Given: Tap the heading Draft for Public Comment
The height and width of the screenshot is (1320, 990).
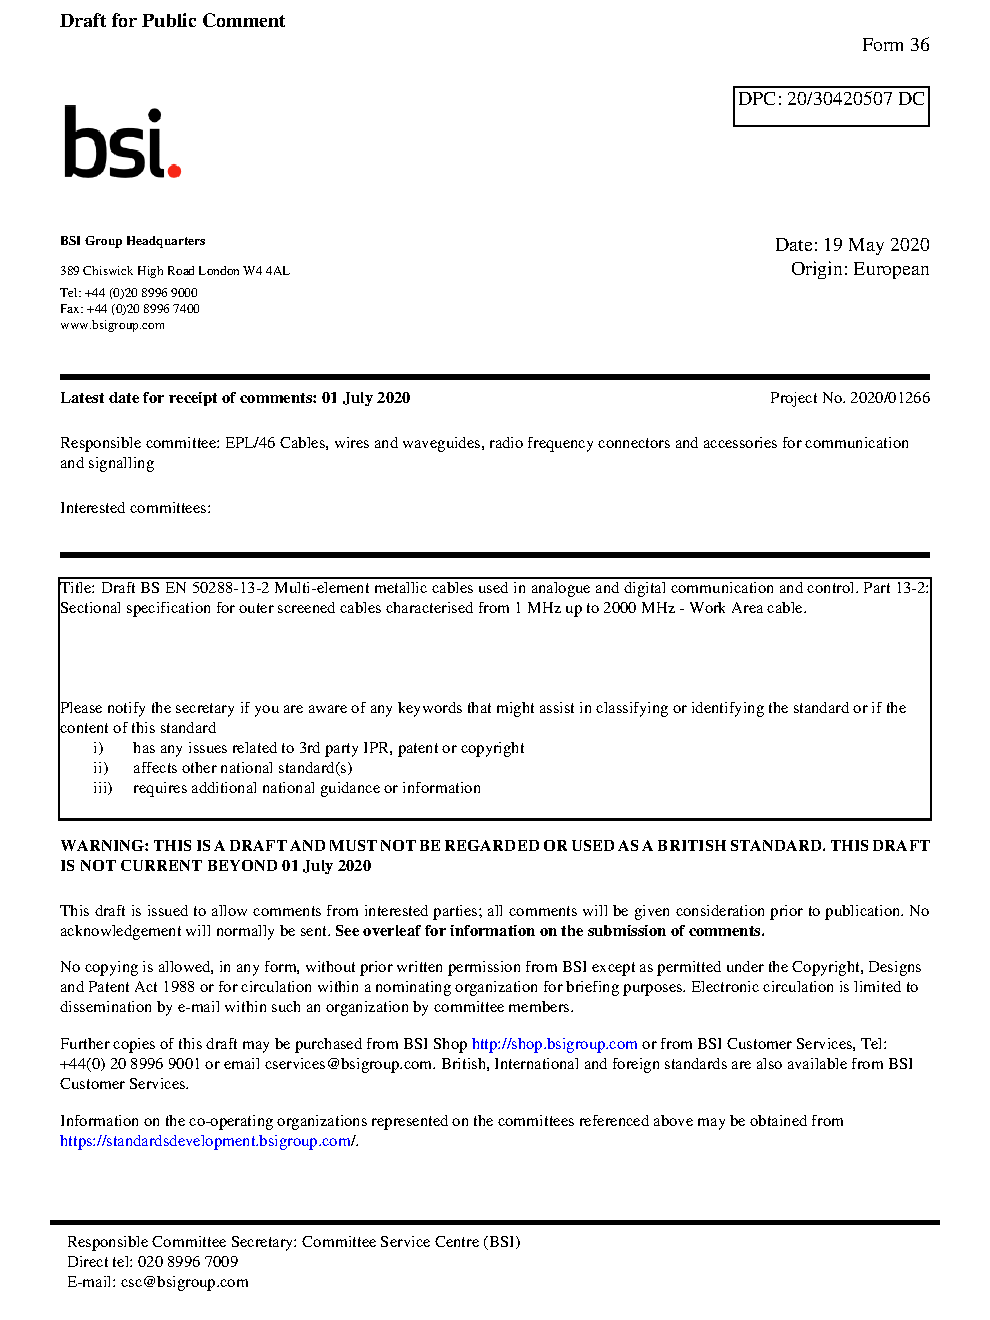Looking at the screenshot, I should [x=172, y=21].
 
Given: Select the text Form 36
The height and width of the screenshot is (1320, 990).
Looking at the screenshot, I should [x=895, y=45].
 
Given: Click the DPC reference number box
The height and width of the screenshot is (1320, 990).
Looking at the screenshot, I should [x=831, y=105].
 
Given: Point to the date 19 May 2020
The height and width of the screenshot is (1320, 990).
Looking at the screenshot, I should [x=876, y=245].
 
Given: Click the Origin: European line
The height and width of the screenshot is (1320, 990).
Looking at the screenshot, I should [x=859, y=269].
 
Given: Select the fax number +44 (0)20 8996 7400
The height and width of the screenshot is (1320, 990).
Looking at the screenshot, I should [x=143, y=309].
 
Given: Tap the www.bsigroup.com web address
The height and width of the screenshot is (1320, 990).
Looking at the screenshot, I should [x=112, y=325].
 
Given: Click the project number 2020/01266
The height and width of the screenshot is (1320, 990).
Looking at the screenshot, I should [x=889, y=398].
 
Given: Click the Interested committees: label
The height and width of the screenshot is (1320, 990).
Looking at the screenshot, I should [x=135, y=508].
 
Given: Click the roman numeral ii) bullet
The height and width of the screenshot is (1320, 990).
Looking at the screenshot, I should [x=100, y=768].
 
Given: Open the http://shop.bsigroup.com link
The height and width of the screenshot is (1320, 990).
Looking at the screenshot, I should [x=554, y=1044].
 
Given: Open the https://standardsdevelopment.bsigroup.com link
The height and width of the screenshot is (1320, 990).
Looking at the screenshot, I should [x=207, y=1141].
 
